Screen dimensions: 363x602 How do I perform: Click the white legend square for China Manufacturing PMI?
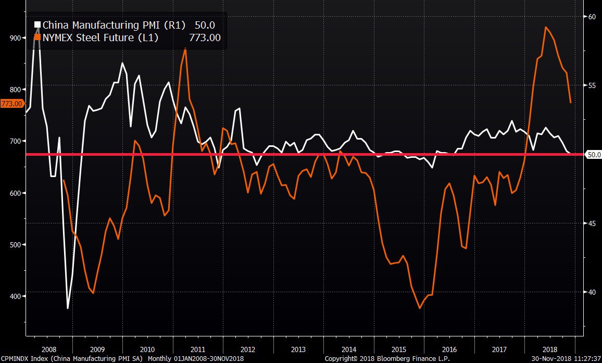(x=37, y=24)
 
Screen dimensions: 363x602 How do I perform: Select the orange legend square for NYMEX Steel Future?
(x=37, y=37)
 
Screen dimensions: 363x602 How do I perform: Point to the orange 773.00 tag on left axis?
(x=11, y=104)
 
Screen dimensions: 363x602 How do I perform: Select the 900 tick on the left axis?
(x=15, y=38)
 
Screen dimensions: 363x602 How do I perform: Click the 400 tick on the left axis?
(x=15, y=296)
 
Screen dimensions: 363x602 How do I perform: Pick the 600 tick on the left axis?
(x=15, y=193)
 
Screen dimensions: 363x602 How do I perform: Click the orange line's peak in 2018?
(x=545, y=27)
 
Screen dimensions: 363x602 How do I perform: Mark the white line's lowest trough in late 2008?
(x=68, y=308)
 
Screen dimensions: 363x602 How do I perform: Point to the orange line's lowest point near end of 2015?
(x=420, y=308)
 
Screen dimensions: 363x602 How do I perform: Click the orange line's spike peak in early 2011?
(x=185, y=48)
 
